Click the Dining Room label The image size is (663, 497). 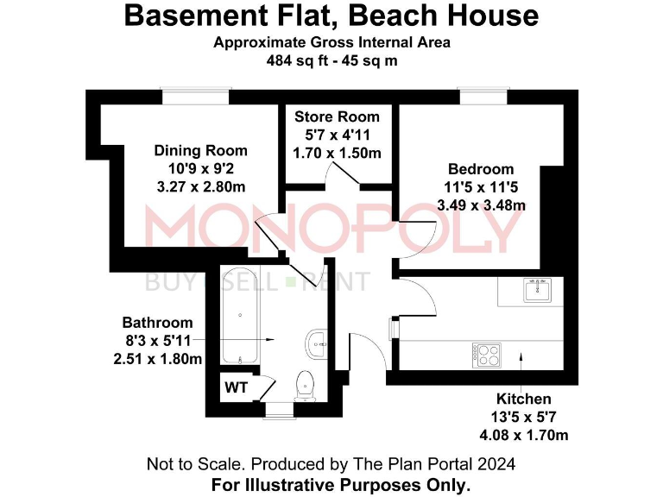pyautogui.click(x=200, y=151)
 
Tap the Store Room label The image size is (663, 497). pyautogui.click(x=337, y=116)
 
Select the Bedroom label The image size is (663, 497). pyautogui.click(x=481, y=169)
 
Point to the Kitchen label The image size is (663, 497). pyautogui.click(x=523, y=399)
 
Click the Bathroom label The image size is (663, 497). pyautogui.click(x=157, y=323)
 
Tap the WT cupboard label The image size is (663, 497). pyautogui.click(x=237, y=387)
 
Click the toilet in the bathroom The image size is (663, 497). pyautogui.click(x=306, y=385)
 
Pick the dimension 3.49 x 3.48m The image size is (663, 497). pyautogui.click(x=481, y=204)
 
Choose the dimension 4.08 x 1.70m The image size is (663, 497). pyautogui.click(x=523, y=434)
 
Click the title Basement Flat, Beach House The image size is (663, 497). pyautogui.click(x=331, y=16)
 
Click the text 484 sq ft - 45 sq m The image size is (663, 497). pyautogui.click(x=331, y=61)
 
